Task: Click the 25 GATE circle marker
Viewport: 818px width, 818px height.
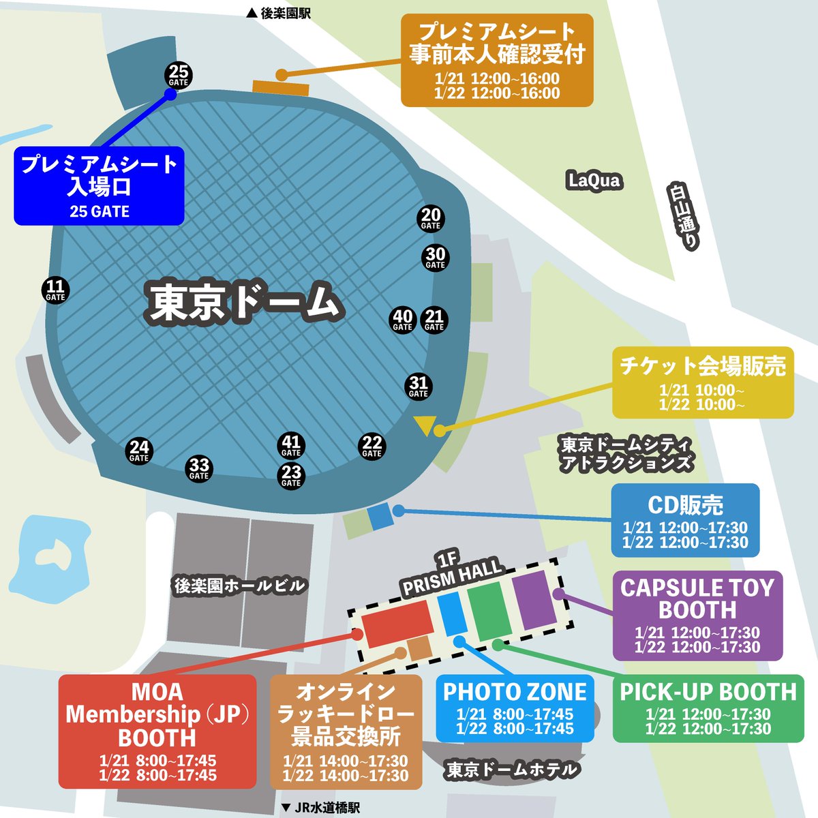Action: click(179, 75)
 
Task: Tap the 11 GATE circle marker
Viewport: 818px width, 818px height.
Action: click(55, 290)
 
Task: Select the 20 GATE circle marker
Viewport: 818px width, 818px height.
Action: click(431, 218)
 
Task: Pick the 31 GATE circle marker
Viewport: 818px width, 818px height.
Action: click(419, 387)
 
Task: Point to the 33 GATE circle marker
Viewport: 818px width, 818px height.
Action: click(199, 468)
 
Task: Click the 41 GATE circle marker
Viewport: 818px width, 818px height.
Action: click(291, 446)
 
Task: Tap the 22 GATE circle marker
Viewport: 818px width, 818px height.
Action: click(372, 446)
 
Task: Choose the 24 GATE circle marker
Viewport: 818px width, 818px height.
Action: click(139, 451)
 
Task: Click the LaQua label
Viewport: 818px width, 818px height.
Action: click(594, 181)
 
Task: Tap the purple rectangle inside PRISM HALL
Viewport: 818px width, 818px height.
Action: click(535, 600)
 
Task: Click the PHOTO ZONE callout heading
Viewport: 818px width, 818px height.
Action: click(515, 692)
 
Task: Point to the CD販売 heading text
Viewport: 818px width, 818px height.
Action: click(685, 505)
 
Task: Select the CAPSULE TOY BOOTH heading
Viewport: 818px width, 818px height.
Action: click(697, 599)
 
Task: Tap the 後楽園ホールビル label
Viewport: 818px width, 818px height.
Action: click(239, 586)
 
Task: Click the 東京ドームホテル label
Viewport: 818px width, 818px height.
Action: click(513, 770)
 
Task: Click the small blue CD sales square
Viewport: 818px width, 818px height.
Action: click(380, 516)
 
